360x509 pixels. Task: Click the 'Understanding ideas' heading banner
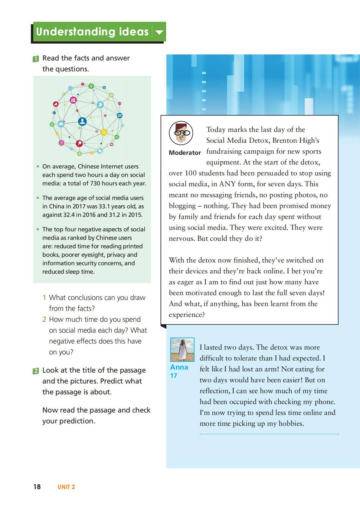(92, 32)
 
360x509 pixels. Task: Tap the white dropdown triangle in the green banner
(159, 32)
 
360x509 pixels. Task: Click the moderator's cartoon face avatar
(181, 133)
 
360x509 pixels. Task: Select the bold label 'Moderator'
(185, 153)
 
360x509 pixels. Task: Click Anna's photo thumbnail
(182, 349)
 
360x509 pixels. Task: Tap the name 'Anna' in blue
(179, 367)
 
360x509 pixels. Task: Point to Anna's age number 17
(174, 376)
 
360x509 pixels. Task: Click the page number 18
(37, 487)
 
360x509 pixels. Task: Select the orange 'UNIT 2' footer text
(66, 487)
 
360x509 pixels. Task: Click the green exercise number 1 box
(36, 59)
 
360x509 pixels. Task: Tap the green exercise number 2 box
(36, 371)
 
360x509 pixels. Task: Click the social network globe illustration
(87, 119)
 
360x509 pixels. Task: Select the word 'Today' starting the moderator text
(216, 129)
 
